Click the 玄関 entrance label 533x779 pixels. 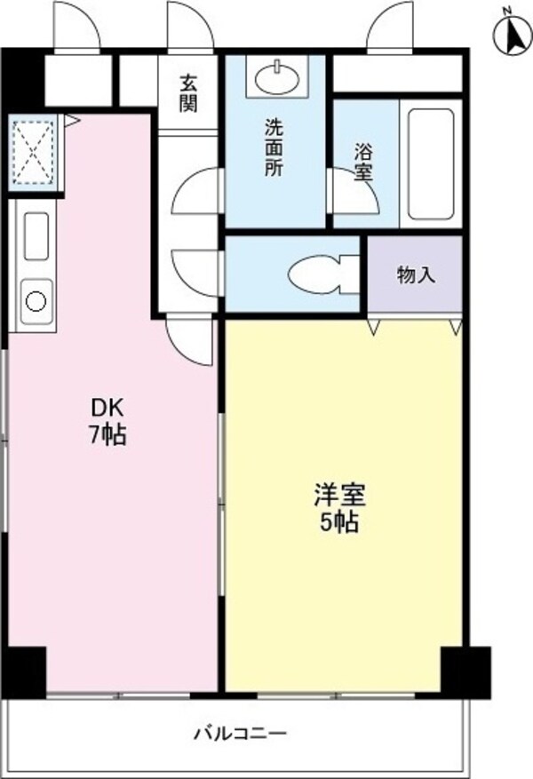187,92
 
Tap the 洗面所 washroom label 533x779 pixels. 274,147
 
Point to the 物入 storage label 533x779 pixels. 415,274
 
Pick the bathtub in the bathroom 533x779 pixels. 430,162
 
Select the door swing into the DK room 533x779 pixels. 189,340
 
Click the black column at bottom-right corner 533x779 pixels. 466,671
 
